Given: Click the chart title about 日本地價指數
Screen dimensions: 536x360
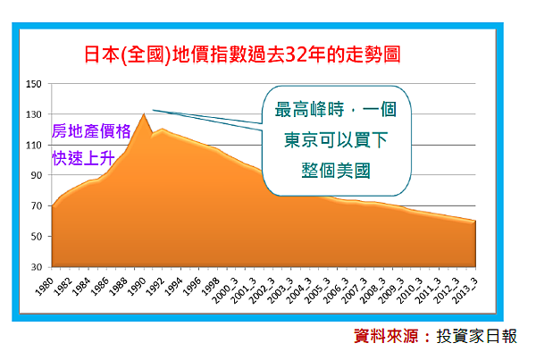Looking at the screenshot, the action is (x=242, y=54).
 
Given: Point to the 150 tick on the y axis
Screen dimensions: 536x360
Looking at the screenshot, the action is (x=34, y=84).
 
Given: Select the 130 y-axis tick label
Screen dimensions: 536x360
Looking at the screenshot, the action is (x=34, y=114).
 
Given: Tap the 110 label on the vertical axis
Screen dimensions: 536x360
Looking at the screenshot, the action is (x=34, y=145).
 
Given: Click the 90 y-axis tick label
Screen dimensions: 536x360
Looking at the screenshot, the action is (x=37, y=175).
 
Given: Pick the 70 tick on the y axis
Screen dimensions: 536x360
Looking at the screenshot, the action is (x=37, y=205).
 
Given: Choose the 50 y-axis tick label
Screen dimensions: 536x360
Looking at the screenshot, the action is (x=37, y=236).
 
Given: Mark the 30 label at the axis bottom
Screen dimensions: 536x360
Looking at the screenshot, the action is (x=37, y=267).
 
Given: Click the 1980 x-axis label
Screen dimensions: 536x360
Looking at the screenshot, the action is (x=45, y=286).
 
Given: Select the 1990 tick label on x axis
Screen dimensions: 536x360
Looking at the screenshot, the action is (x=137, y=286).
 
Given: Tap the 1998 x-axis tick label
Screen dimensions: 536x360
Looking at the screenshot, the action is (x=211, y=286).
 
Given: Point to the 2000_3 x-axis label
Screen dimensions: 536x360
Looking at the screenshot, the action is (x=225, y=290).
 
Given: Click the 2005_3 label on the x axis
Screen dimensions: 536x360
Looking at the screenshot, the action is (x=317, y=290).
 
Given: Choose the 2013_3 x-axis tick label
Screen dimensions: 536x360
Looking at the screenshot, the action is (x=465, y=290).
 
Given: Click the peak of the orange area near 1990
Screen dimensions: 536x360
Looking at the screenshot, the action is (x=144, y=114).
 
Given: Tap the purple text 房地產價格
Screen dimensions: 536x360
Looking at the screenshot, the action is (x=91, y=131).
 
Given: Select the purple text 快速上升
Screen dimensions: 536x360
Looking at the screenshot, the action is (x=83, y=158).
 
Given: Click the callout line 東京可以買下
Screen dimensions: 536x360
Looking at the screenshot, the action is (x=336, y=140).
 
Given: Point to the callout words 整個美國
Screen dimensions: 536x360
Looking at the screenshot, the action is (x=336, y=171).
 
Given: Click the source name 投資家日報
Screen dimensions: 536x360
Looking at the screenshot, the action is (x=476, y=337).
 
